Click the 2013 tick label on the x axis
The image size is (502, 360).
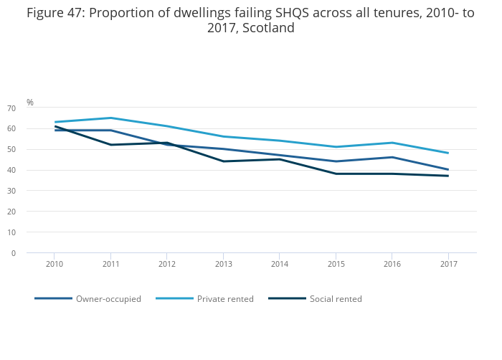(223, 264)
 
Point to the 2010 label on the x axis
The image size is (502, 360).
(55, 264)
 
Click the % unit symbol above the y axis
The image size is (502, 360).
(30, 103)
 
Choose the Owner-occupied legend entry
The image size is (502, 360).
(108, 299)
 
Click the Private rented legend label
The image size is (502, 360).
(225, 299)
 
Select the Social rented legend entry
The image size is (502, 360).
(336, 299)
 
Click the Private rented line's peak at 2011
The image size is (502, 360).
(110, 118)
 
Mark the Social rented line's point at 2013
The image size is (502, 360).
(223, 161)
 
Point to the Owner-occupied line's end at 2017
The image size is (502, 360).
(447, 170)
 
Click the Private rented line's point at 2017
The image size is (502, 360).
(447, 153)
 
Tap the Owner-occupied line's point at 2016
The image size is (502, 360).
(392, 157)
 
